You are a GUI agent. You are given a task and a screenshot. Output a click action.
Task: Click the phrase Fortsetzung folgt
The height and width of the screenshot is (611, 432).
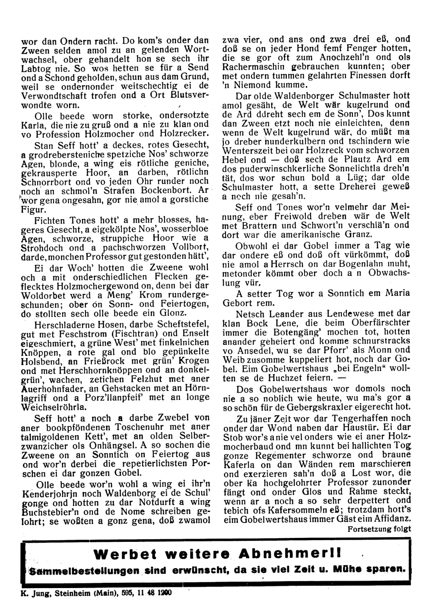coord(379,528)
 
